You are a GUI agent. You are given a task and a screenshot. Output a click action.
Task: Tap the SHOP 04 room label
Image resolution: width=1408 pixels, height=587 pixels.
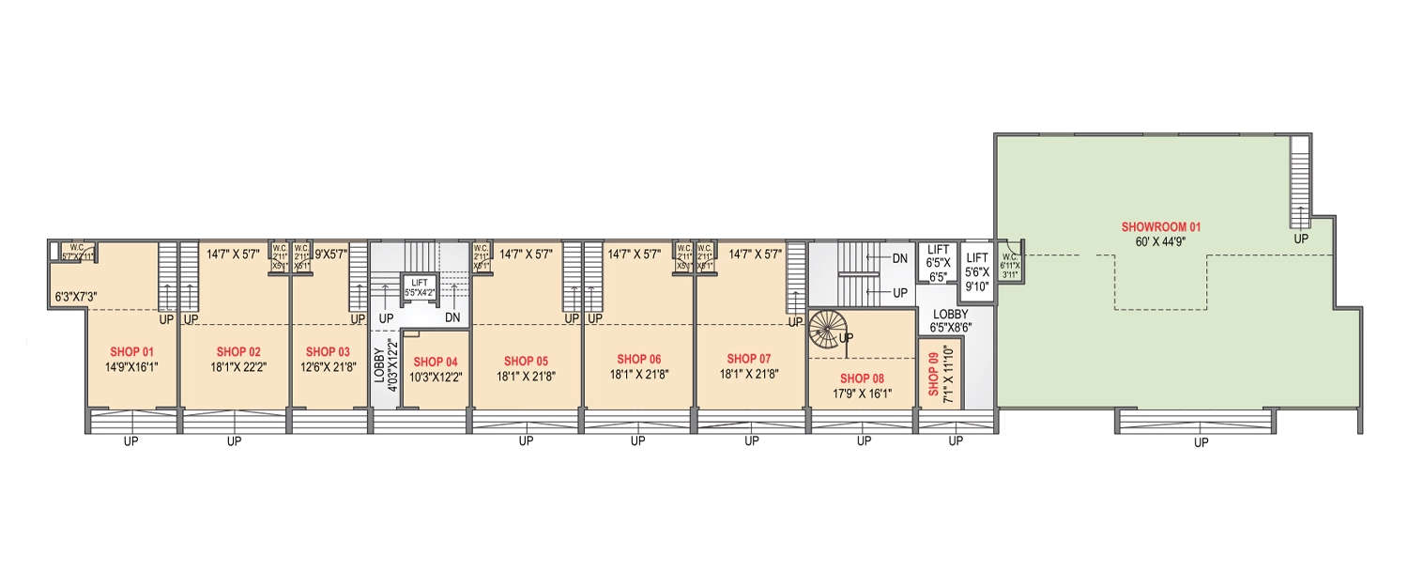click(x=436, y=362)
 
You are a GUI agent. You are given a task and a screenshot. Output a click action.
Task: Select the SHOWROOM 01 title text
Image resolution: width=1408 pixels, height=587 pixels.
click(x=1161, y=227)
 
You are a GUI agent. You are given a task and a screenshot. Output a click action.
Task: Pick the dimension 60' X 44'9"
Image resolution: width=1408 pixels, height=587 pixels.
click(x=1161, y=242)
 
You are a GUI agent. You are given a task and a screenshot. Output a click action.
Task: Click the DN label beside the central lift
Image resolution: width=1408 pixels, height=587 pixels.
click(x=452, y=318)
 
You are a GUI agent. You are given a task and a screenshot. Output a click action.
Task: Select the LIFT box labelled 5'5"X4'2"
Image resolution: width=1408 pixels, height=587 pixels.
click(x=420, y=286)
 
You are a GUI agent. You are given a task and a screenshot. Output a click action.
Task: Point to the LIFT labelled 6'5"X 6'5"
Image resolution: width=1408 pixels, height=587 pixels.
click(x=935, y=262)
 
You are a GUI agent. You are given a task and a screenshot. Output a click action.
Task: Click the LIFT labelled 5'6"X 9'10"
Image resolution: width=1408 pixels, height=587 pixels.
click(x=977, y=271)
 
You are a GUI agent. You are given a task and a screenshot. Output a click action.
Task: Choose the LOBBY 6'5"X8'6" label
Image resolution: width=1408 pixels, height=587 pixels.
click(x=950, y=320)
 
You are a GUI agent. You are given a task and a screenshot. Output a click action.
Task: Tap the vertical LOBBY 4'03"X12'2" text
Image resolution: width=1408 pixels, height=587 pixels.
click(x=384, y=376)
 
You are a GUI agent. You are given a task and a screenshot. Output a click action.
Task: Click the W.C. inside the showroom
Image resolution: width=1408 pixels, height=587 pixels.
click(x=1009, y=264)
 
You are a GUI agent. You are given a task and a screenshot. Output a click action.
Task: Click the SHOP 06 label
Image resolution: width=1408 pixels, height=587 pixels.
click(x=638, y=359)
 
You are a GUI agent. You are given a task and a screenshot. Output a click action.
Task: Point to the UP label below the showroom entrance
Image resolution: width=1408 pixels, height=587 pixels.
click(x=1201, y=442)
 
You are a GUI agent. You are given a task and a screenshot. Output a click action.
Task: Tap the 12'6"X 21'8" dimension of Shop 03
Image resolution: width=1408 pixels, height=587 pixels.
click(x=327, y=367)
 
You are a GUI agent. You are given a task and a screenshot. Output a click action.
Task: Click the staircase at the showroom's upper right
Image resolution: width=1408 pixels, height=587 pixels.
click(x=1300, y=182)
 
